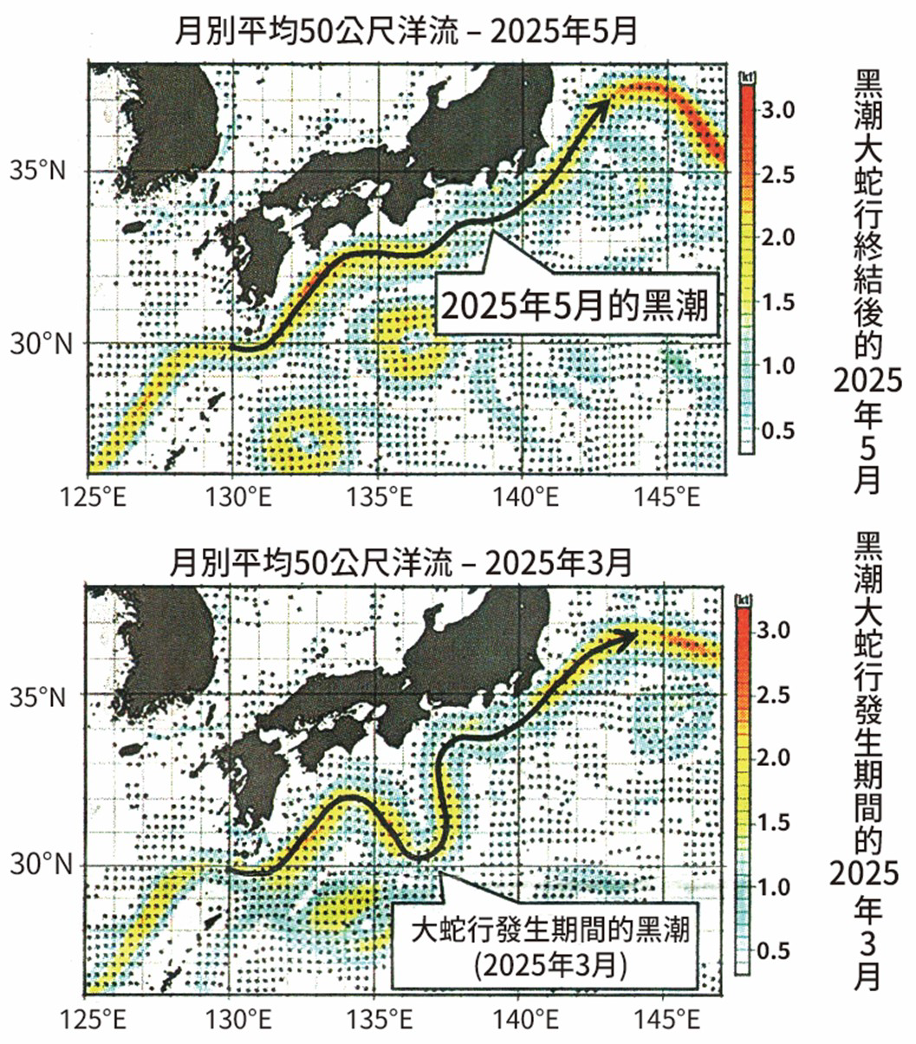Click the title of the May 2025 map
(x=406, y=34)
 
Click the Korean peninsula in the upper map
(x=165, y=121)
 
